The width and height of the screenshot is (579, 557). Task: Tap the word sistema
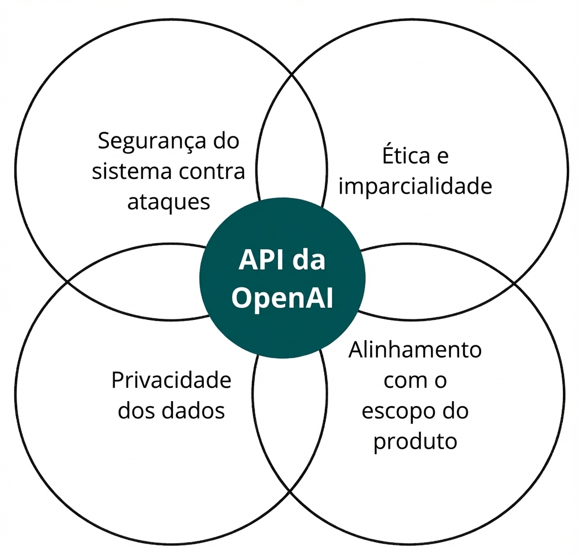[x=125, y=171]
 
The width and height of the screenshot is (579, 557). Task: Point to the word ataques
[x=169, y=202]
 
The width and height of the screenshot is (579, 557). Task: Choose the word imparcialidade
[x=415, y=187]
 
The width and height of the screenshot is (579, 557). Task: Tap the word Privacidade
[x=171, y=381]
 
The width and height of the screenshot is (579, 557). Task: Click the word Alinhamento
[x=415, y=350]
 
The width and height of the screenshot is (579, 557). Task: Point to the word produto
[x=415, y=442]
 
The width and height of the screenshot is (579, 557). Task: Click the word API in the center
[x=260, y=261]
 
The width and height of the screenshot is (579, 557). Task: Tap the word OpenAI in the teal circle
[x=282, y=298]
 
